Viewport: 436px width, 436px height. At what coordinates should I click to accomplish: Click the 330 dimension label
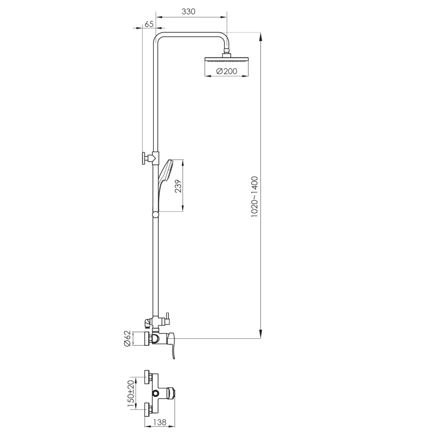click(x=188, y=12)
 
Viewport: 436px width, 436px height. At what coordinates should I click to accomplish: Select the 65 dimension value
click(x=149, y=24)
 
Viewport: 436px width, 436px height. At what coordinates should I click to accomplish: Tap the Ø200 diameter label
click(x=226, y=71)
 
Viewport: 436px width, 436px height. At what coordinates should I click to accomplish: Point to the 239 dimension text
click(x=178, y=186)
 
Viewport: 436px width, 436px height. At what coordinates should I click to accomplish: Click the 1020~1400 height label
click(x=255, y=197)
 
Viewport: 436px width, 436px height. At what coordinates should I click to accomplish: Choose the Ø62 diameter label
click(x=127, y=338)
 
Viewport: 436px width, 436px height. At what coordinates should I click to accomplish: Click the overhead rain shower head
click(x=226, y=60)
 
